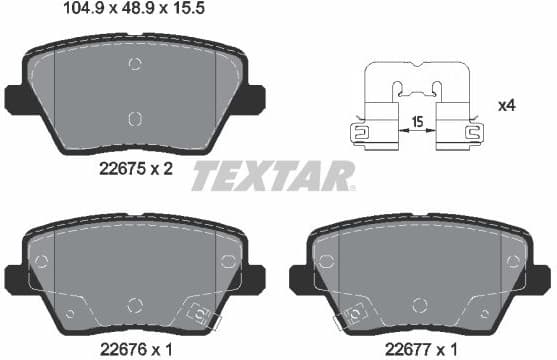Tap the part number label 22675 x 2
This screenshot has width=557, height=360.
pyautogui.click(x=135, y=169)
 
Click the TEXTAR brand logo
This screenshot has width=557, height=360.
pyautogui.click(x=273, y=176)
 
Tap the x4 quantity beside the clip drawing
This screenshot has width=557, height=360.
pyautogui.click(x=508, y=104)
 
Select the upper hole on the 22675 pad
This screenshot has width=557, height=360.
pyautogui.click(x=136, y=65)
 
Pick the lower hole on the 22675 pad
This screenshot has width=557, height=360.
pyautogui.click(x=136, y=119)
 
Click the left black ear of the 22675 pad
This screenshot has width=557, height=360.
pyautogui.click(x=18, y=98)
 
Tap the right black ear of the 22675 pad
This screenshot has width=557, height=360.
pyautogui.click(x=254, y=98)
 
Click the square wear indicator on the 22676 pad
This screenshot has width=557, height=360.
pyautogui.click(x=208, y=318)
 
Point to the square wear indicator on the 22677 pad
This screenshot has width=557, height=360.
pyautogui.click(x=352, y=318)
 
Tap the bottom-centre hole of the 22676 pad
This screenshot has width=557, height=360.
pyautogui.click(x=136, y=304)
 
